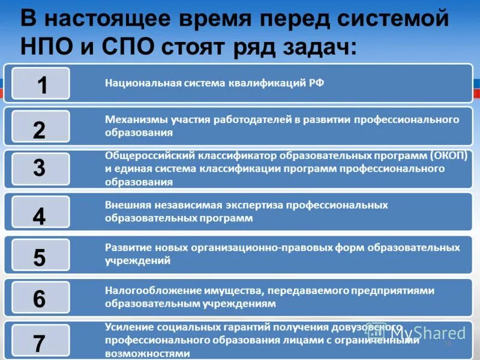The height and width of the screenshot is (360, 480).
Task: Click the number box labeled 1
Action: pyautogui.click(x=40, y=84)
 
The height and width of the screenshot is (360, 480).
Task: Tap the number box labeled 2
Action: pyautogui.click(x=40, y=127)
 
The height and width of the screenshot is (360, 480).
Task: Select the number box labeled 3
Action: pyautogui.click(x=40, y=169)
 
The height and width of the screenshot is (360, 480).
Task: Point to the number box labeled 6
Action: pyautogui.click(x=40, y=298)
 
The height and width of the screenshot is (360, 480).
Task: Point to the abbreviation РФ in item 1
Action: pyautogui.click(x=317, y=83)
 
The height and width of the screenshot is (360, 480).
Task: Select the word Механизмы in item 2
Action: pyautogui.click(x=133, y=119)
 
